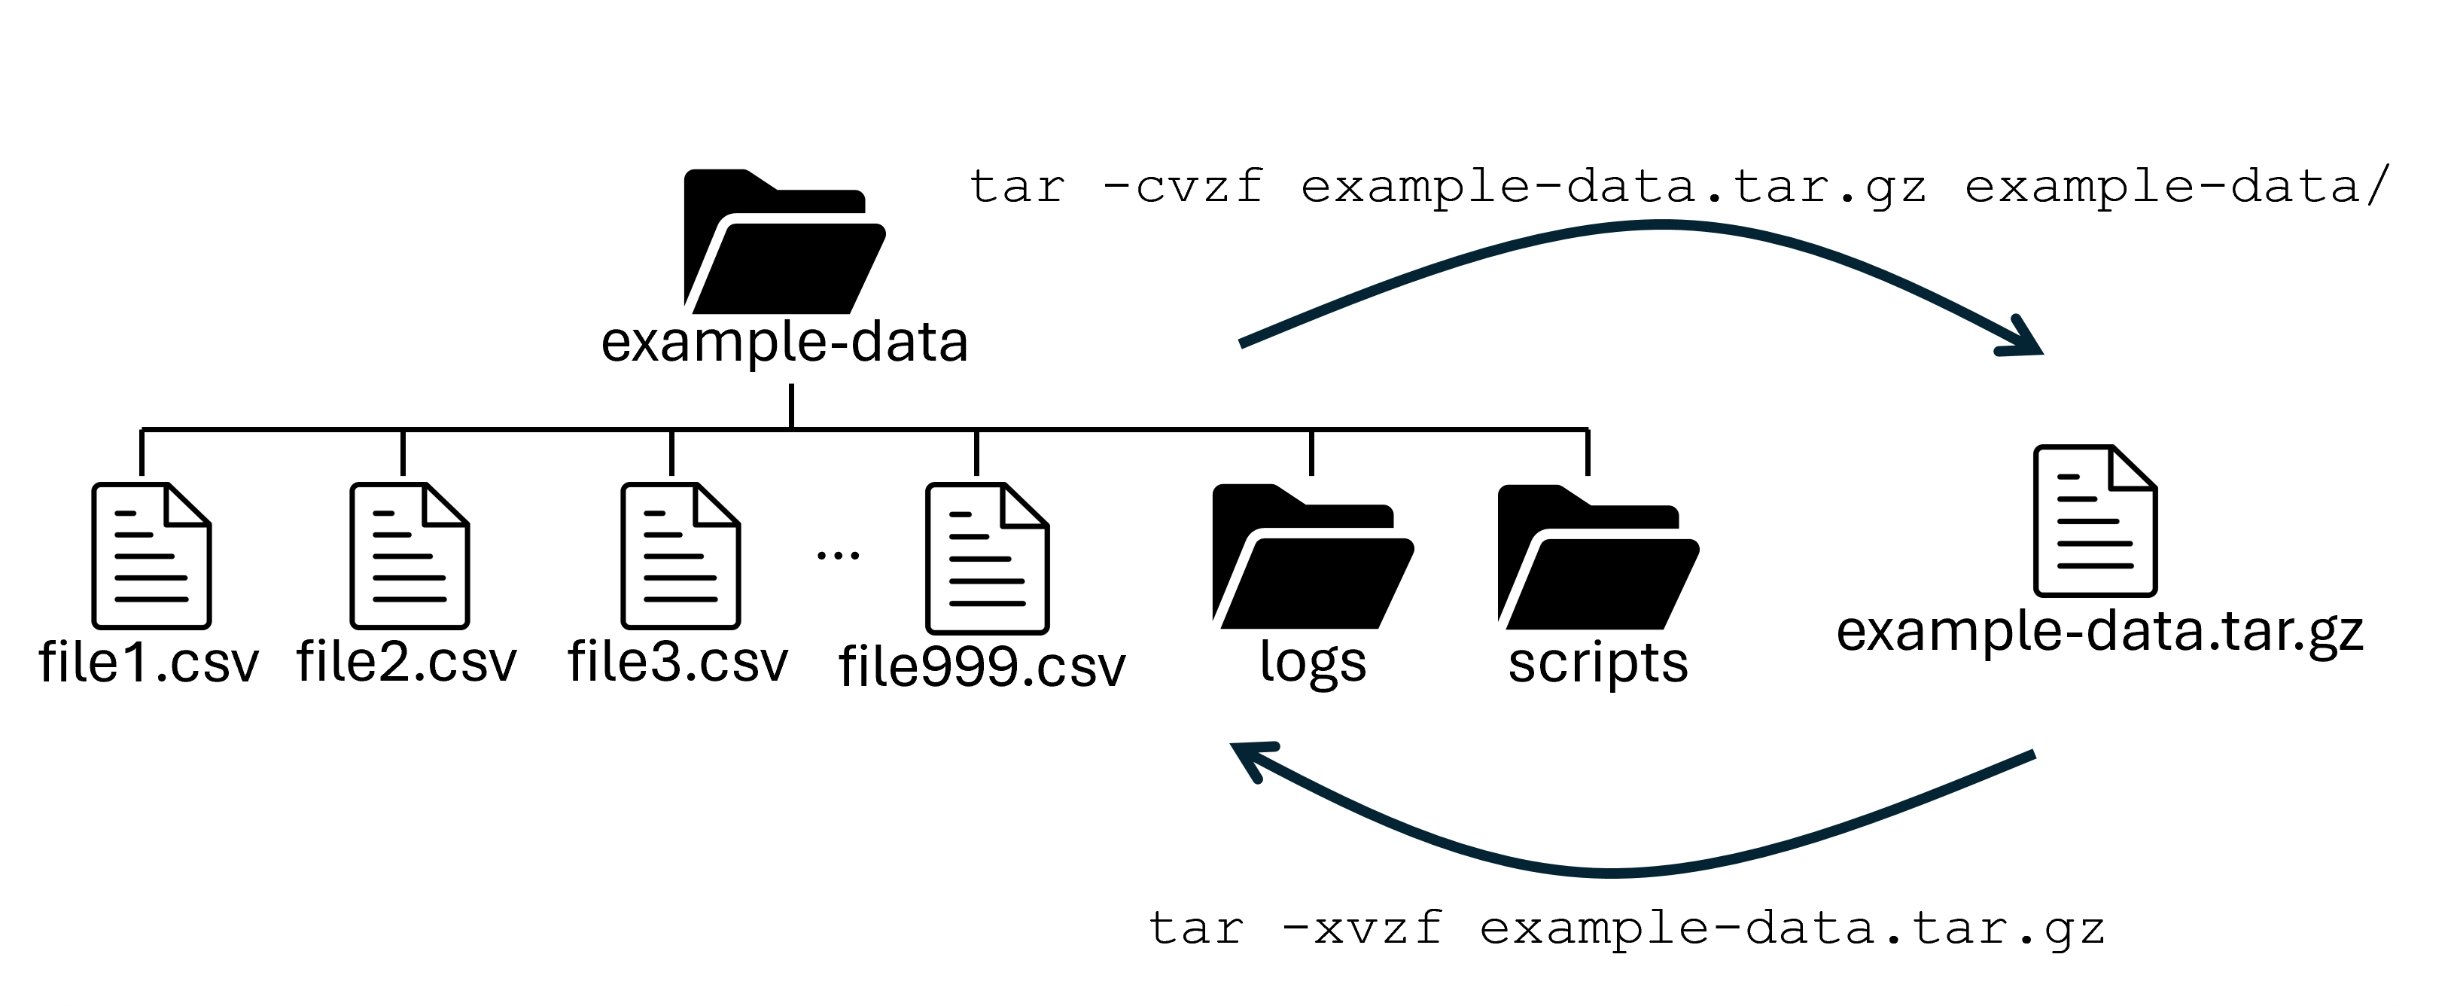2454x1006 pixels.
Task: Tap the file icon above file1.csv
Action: click(x=151, y=556)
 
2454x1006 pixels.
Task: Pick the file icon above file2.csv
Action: click(x=409, y=556)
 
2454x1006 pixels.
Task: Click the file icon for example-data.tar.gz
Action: click(x=2095, y=521)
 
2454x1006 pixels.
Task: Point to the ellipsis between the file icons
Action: click(x=839, y=554)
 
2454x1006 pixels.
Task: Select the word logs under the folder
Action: click(x=1312, y=662)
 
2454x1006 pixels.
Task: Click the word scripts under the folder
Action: click(x=1597, y=662)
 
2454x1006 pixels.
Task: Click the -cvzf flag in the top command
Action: click(x=1180, y=186)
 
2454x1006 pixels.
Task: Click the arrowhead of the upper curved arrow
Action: click(x=2024, y=340)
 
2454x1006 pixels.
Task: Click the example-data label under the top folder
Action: click(x=784, y=342)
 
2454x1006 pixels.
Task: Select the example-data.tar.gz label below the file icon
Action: click(x=2099, y=632)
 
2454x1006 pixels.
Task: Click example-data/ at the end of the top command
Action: click(x=2177, y=186)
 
